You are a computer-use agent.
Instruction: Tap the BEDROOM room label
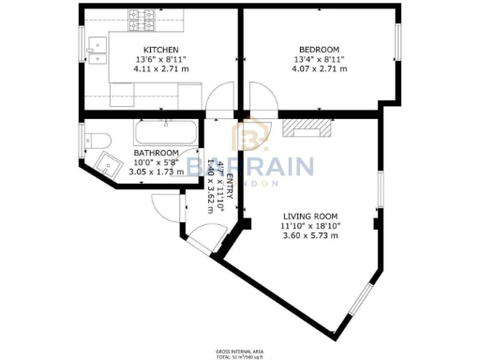pyautogui.click(x=319, y=49)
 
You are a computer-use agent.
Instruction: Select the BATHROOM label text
pyautogui.click(x=156, y=153)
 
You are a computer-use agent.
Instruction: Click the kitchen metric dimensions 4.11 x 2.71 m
pyautogui.click(x=160, y=67)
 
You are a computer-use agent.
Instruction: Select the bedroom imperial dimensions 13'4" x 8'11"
pyautogui.click(x=319, y=58)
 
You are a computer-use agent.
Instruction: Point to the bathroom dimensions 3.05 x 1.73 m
pyautogui.click(x=156, y=172)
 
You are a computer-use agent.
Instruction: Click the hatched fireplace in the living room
pyautogui.click(x=307, y=128)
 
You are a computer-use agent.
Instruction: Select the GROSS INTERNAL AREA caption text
pyautogui.click(x=240, y=352)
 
